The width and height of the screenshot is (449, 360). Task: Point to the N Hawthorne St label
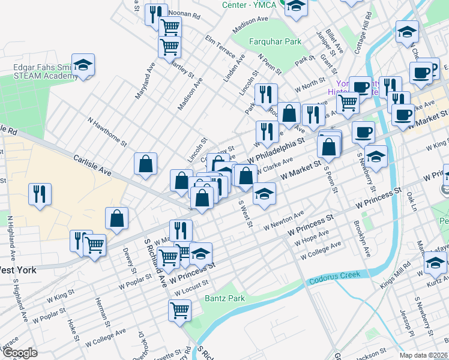(107, 131)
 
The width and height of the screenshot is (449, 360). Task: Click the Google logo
(19, 353)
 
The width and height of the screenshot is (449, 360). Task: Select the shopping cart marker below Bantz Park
(179, 311)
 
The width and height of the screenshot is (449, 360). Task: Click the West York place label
(18, 270)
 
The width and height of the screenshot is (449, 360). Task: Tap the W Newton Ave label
(284, 221)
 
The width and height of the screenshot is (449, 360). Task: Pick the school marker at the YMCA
(296, 7)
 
